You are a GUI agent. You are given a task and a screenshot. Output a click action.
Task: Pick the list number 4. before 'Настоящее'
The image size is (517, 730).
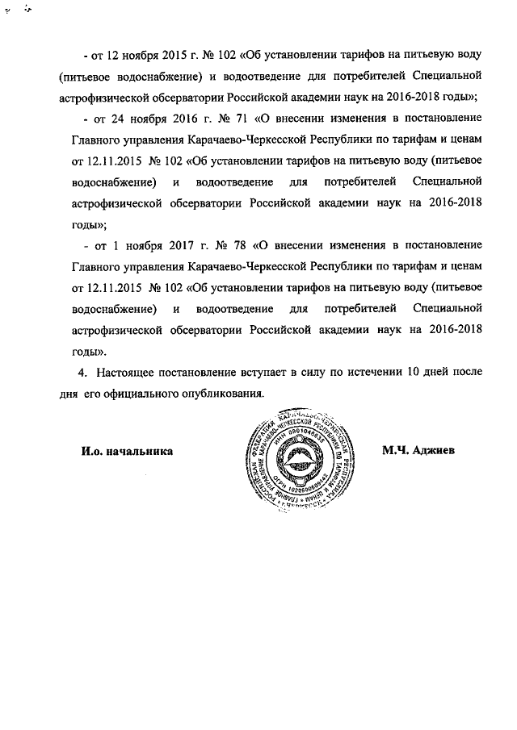tap(82, 373)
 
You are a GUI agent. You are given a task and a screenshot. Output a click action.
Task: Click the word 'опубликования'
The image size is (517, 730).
tap(223, 394)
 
